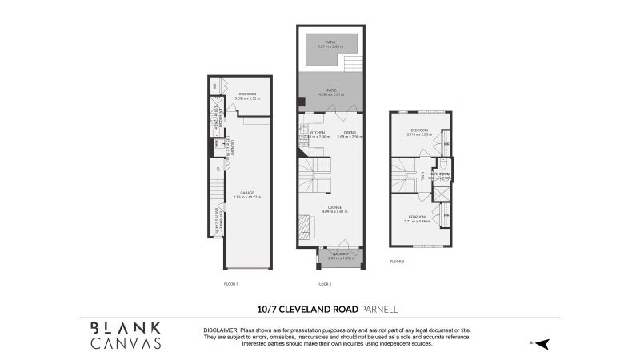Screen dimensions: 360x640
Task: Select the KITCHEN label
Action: pyautogui.click(x=317, y=133)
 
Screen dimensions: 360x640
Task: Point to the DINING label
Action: pyautogui.click(x=350, y=133)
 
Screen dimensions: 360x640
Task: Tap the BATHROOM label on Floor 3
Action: pyautogui.click(x=441, y=174)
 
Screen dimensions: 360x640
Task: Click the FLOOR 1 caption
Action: pyautogui.click(x=231, y=285)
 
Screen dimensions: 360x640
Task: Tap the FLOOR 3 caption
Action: pyautogui.click(x=397, y=262)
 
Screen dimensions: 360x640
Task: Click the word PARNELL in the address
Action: pyautogui.click(x=379, y=308)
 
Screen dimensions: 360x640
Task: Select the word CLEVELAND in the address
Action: pyautogui.click(x=308, y=308)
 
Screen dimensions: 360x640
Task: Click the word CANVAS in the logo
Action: pyautogui.click(x=125, y=342)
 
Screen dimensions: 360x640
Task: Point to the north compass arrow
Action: pyautogui.click(x=542, y=343)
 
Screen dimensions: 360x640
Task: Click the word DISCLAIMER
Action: pyautogui.click(x=221, y=330)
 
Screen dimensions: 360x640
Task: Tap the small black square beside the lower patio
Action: pyautogui.click(x=301, y=102)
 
